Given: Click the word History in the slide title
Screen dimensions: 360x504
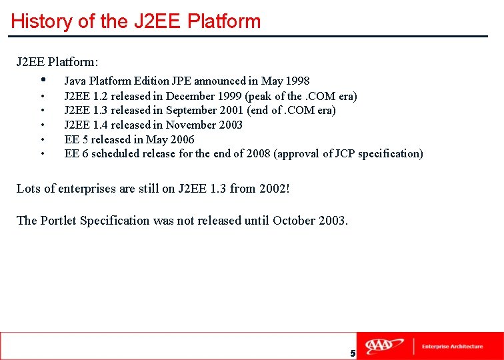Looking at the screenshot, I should point(42,21).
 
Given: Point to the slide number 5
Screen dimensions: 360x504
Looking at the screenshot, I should point(353,353).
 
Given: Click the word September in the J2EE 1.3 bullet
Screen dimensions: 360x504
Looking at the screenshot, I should point(191,110).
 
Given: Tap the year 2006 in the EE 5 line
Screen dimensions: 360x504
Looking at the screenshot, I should point(181,139).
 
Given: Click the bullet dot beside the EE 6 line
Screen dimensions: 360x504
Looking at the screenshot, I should point(43,154).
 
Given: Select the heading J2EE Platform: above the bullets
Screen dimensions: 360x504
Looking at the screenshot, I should point(57,62).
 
